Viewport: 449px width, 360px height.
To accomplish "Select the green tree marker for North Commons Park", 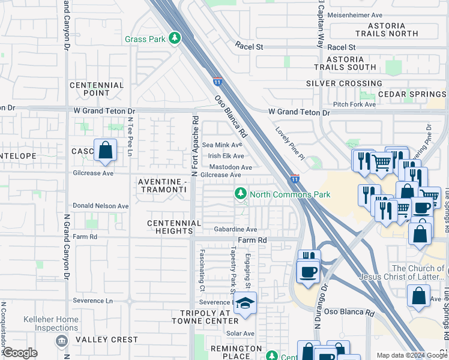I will coord(240,194).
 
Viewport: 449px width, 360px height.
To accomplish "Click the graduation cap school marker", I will coord(245,303).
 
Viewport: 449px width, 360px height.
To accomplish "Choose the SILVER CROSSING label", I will coord(344,83).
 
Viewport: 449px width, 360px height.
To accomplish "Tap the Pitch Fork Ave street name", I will coord(354,104).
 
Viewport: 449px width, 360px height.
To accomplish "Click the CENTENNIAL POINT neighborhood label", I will coord(97,89).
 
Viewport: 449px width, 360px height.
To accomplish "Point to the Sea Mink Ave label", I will coord(222,145).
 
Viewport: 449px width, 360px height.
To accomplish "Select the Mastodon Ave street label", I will coord(230,167).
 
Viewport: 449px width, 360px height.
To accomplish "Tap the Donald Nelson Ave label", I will coord(101,206).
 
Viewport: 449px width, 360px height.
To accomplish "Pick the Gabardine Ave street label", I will coord(236,229).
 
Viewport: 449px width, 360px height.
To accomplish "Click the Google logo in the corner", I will coord(20,353).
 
